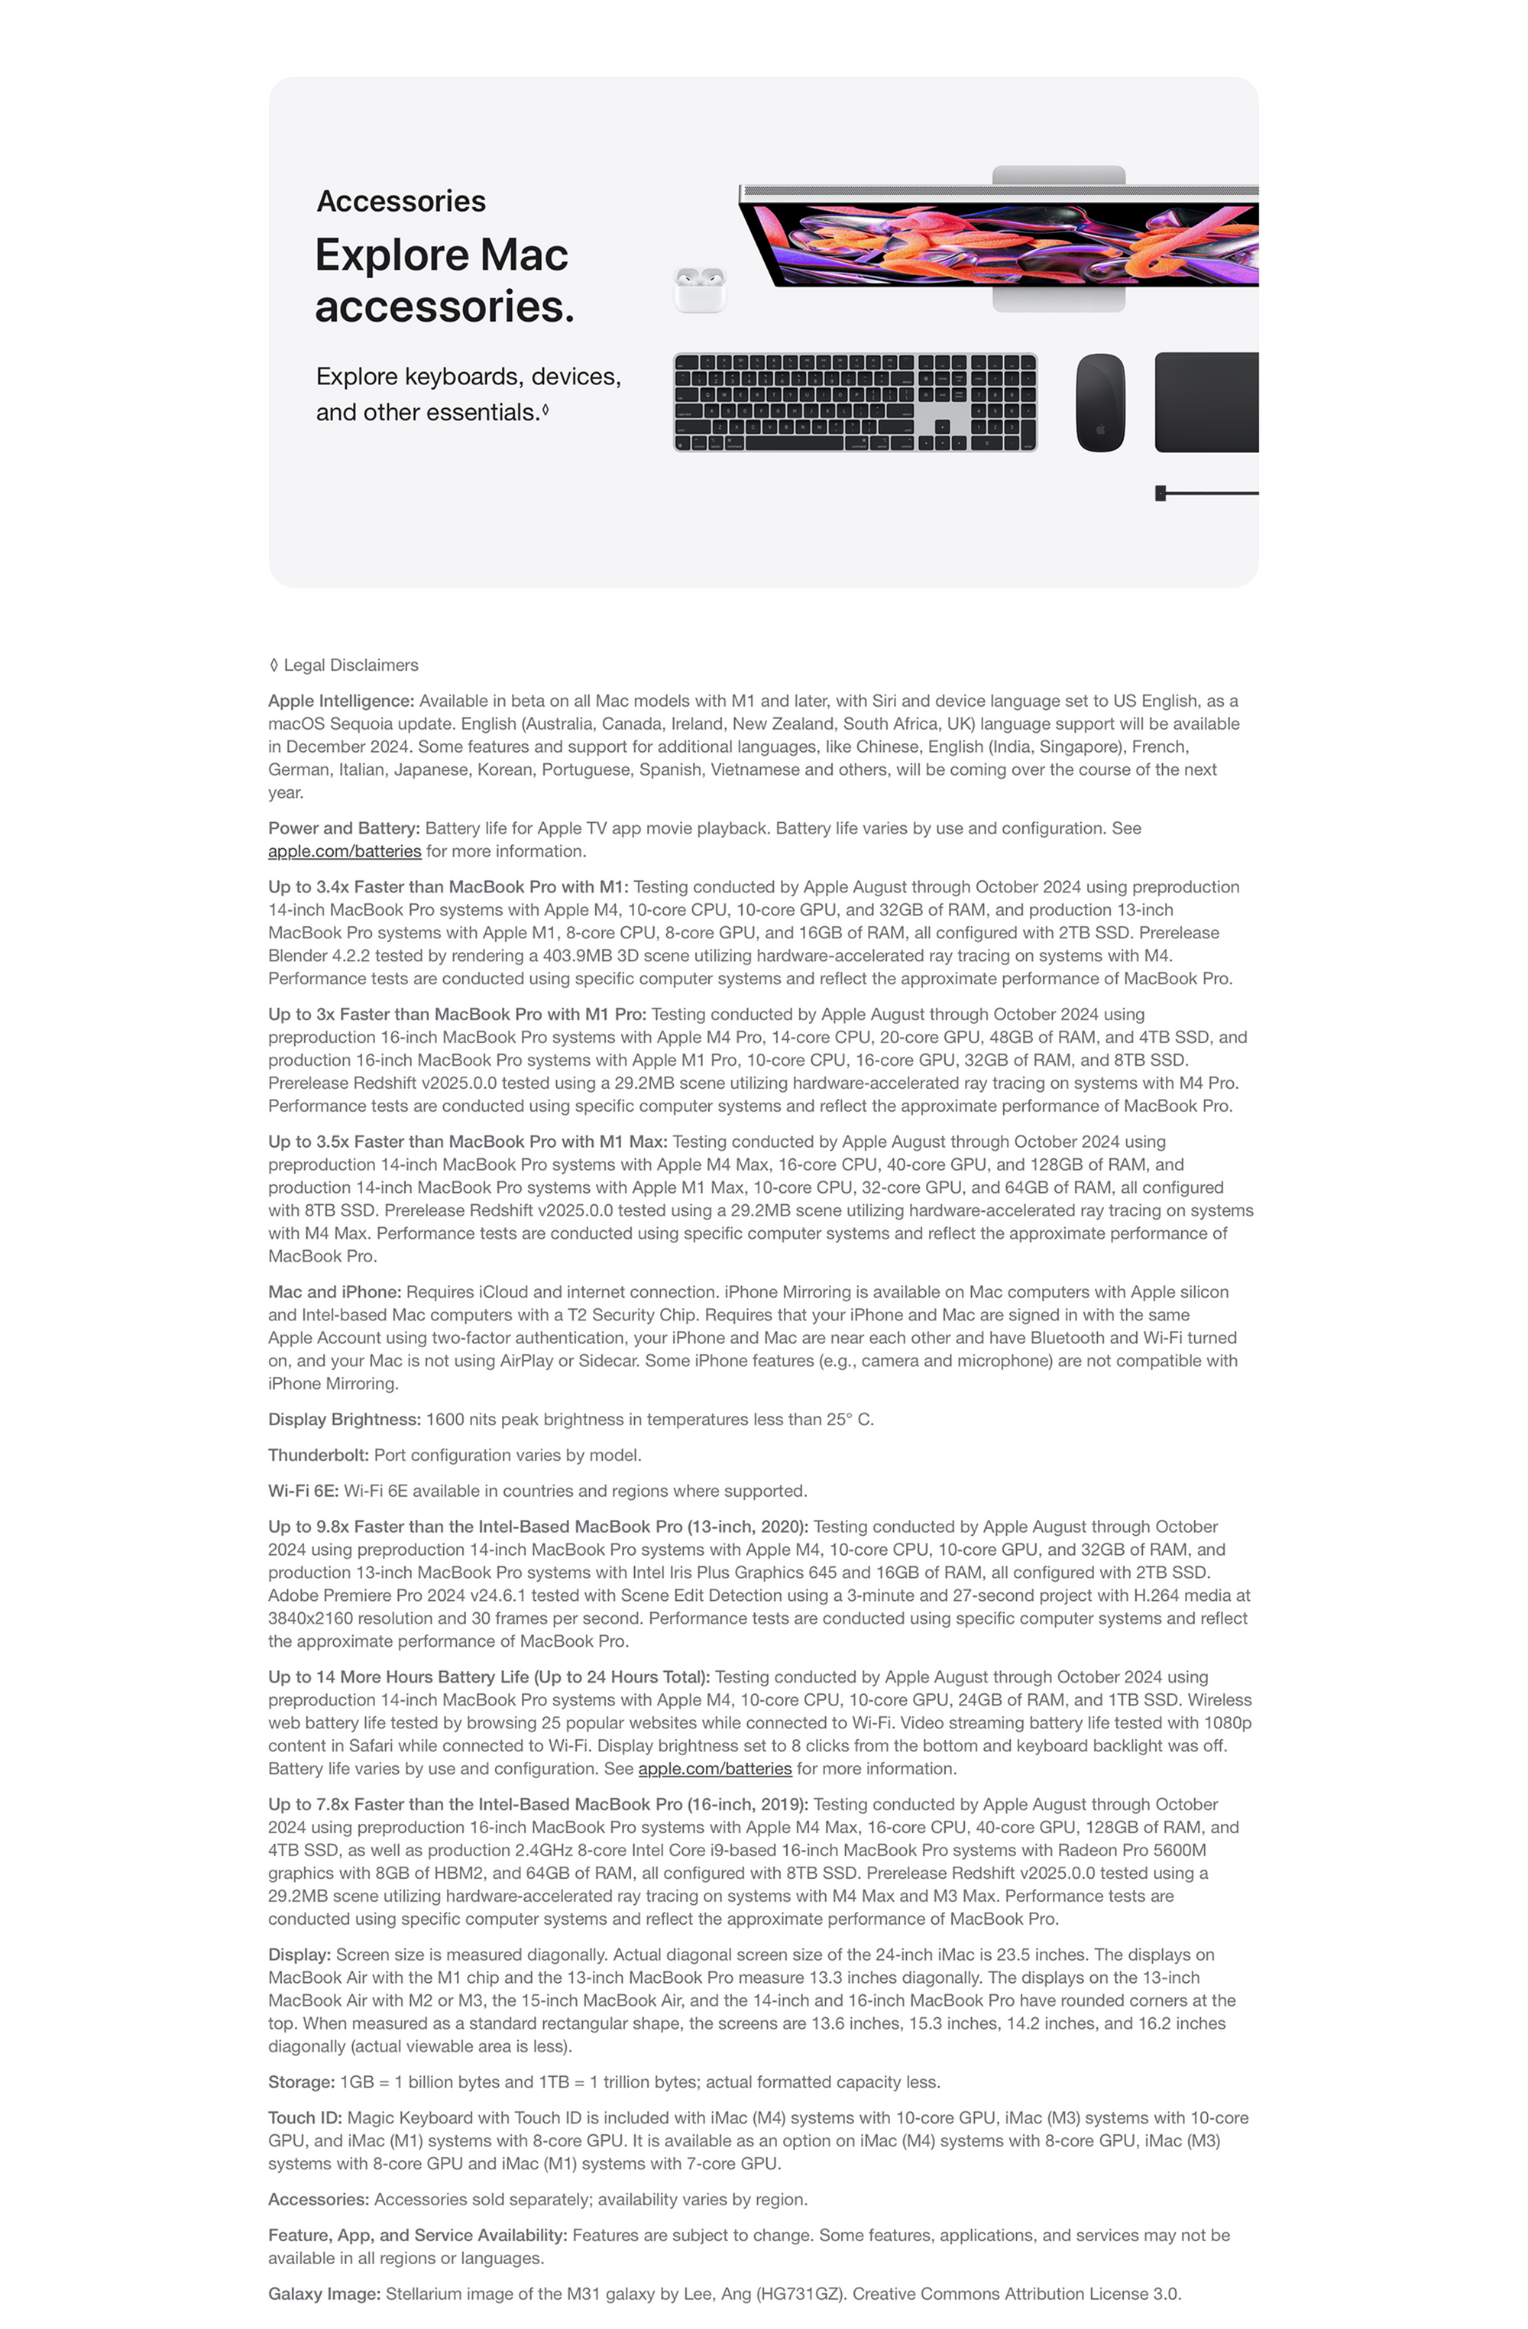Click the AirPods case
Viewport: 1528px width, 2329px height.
click(x=699, y=290)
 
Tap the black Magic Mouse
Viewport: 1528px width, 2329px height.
click(x=1099, y=402)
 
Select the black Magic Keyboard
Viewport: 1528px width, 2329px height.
click(x=854, y=402)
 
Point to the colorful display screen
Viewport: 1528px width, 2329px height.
click(x=1008, y=244)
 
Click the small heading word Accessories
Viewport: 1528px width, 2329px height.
click(x=401, y=202)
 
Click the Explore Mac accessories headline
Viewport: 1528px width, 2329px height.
click(x=443, y=281)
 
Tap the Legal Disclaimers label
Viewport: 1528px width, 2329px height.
click(x=350, y=666)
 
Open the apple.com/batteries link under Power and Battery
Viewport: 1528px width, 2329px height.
click(x=345, y=851)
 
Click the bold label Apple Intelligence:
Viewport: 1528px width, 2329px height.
click(x=342, y=701)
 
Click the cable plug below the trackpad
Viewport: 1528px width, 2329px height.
click(x=1161, y=492)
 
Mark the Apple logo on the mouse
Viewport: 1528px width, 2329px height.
click(x=1099, y=429)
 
